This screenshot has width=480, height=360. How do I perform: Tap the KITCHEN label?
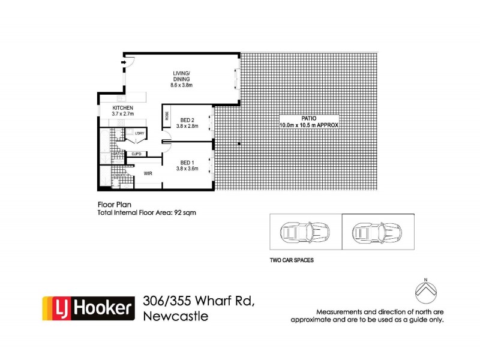click(x=122, y=107)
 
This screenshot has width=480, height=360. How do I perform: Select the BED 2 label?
click(x=188, y=120)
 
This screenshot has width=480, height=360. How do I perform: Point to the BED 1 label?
click(x=188, y=163)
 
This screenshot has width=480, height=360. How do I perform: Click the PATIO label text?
click(x=309, y=119)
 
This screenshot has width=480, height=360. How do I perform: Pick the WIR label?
click(x=147, y=174)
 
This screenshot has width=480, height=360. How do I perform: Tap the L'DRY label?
click(x=139, y=133)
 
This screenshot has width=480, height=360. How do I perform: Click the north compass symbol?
click(x=425, y=291)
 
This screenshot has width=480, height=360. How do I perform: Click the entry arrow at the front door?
click(x=124, y=61)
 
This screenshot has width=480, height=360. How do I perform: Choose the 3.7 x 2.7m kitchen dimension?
click(x=122, y=114)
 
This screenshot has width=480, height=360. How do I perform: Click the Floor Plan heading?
click(x=112, y=204)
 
